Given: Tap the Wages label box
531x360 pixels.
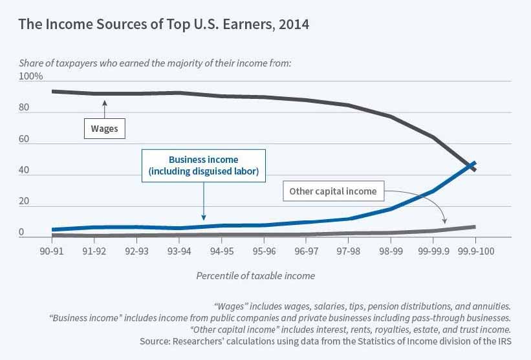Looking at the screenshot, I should tap(104, 129).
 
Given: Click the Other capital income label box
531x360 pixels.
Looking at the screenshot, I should tap(333, 191).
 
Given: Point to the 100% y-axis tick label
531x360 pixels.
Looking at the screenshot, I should tap(30, 76).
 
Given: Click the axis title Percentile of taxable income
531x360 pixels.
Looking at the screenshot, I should tap(255, 276).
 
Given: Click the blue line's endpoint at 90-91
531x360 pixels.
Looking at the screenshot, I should tap(52, 229).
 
